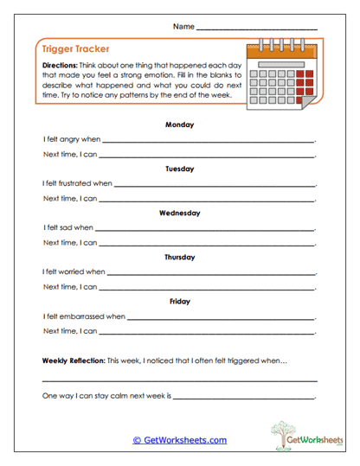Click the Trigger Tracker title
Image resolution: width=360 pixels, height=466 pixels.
point(73,49)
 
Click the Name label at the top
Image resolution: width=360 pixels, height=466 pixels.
point(183,27)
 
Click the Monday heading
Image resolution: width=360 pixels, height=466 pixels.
point(179,124)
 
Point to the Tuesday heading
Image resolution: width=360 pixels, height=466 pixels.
point(179,169)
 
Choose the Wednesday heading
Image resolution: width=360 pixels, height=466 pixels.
point(179,213)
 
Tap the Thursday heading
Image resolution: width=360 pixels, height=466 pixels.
point(179,257)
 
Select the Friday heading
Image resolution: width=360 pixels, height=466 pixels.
point(179,301)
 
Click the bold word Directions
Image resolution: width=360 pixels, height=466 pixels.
point(60,66)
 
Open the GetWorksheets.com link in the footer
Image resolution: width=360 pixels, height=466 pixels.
point(179,440)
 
